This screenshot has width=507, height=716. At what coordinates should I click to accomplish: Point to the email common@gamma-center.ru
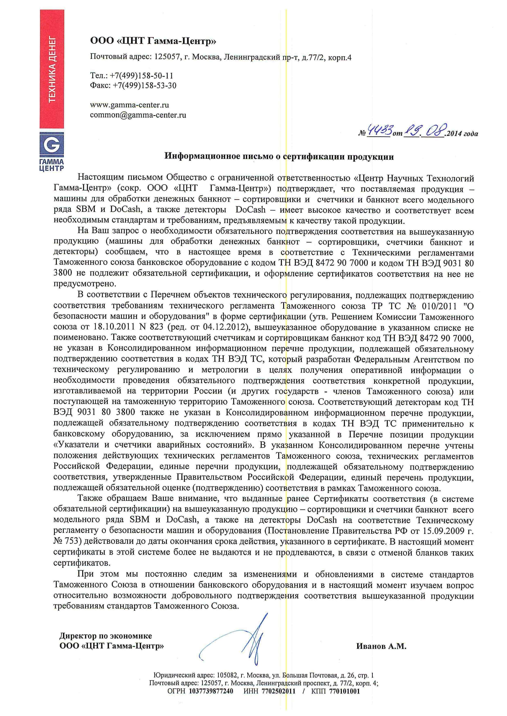point(138,115)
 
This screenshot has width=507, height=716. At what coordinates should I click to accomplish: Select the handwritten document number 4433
point(379,131)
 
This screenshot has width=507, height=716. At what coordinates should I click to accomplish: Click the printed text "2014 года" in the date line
point(463,134)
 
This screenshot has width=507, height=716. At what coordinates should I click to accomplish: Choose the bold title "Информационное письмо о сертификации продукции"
point(279,157)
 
